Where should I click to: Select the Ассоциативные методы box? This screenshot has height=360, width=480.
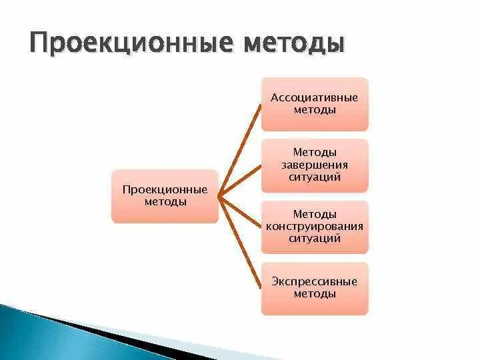pyautogui.click(x=314, y=103)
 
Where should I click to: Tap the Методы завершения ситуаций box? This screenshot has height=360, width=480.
pyautogui.click(x=314, y=165)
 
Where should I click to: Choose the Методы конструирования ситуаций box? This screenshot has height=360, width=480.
pyautogui.click(x=314, y=227)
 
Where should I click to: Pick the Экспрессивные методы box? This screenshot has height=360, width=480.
pyautogui.click(x=314, y=288)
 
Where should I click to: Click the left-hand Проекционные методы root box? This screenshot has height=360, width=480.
pyautogui.click(x=165, y=196)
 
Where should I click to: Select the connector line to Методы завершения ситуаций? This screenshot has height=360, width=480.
pyautogui.click(x=240, y=180)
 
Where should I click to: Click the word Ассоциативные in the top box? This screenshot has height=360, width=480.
pyautogui.click(x=314, y=97)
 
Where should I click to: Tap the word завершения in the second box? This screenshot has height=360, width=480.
pyautogui.click(x=314, y=165)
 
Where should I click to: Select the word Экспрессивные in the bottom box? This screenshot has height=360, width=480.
pyautogui.click(x=314, y=281)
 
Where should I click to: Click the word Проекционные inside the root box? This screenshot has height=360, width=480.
pyautogui.click(x=165, y=190)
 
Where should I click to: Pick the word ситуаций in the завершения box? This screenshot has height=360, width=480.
pyautogui.click(x=314, y=177)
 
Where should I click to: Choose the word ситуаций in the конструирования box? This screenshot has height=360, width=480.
pyautogui.click(x=314, y=238)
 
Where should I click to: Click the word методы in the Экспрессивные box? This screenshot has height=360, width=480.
pyautogui.click(x=314, y=293)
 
